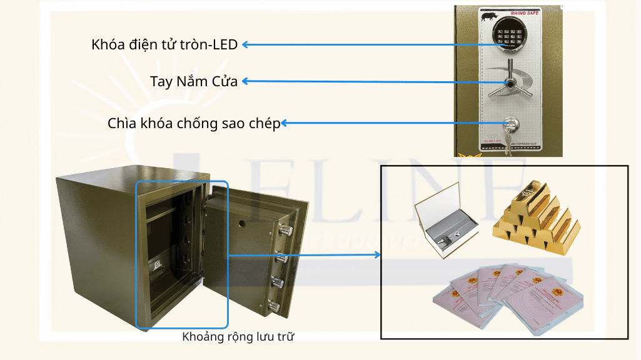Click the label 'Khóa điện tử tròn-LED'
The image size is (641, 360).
[164, 45]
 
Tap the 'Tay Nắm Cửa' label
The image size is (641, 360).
[194, 81]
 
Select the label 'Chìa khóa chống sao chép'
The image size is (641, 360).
[194, 123]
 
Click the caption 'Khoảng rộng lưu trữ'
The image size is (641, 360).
[238, 337]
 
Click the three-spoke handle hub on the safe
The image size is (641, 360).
[510, 84]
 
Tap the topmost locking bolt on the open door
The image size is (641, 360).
[286, 231]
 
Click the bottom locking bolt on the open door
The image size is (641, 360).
[273, 306]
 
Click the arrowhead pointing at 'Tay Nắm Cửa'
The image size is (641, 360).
[246, 81]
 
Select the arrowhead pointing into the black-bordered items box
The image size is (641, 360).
[376, 254]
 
